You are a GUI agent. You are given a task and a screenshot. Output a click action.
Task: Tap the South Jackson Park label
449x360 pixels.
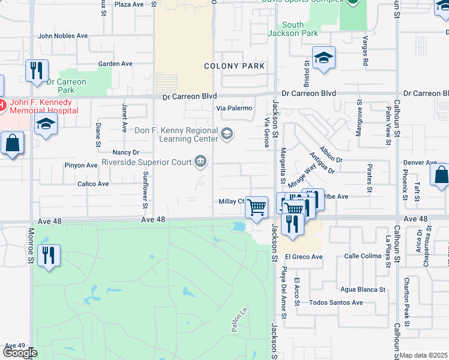[293, 29]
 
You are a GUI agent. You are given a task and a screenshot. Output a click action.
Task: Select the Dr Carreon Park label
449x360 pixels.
[66, 86]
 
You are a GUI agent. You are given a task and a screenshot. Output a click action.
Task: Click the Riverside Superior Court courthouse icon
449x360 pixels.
[200, 161]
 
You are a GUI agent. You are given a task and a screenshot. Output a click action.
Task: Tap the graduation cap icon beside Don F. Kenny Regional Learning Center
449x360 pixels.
[228, 133]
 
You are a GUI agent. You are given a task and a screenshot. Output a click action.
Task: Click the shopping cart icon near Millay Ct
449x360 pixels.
[257, 208]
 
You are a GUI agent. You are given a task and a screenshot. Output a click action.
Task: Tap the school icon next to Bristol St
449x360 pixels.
[324, 58]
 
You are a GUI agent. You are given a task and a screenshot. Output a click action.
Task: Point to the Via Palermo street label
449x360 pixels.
[234, 108]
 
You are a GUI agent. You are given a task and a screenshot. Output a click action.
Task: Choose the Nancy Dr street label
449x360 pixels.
[126, 152]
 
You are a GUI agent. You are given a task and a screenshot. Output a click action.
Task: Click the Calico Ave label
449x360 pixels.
[93, 184]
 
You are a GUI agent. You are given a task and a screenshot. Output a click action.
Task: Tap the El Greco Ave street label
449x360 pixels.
[304, 257]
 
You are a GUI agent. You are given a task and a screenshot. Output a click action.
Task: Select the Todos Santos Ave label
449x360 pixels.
[336, 302]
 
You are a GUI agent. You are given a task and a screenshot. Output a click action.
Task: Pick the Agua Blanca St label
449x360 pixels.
[363, 289]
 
